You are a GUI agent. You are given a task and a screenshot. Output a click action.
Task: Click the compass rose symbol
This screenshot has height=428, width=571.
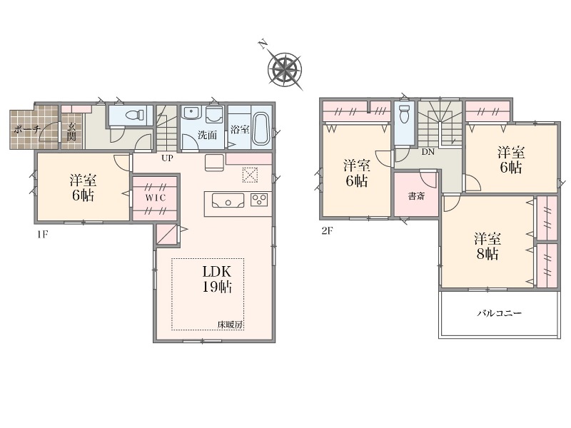tap(285, 69)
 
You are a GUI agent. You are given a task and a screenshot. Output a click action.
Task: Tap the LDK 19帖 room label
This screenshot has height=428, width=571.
tap(217, 279)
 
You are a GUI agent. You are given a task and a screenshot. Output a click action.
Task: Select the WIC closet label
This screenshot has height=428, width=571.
tap(156, 198)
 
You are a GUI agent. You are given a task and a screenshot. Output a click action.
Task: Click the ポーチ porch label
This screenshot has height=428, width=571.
tap(26, 129)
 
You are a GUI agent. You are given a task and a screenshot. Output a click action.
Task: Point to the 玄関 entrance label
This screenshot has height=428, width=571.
tap(71, 133)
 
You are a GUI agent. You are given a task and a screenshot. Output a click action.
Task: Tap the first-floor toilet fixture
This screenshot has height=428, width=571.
tap(134, 115)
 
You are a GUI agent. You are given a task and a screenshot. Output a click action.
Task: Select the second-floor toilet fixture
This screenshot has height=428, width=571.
tap(405, 114)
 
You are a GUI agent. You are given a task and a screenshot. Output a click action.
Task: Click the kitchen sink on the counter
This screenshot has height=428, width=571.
tap(228, 200)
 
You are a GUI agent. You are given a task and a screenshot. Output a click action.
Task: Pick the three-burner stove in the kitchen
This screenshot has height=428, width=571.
tap(259, 200)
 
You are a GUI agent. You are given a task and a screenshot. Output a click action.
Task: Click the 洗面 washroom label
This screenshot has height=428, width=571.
tap(207, 135)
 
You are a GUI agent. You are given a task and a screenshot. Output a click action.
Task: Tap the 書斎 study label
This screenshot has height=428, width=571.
tap(416, 197)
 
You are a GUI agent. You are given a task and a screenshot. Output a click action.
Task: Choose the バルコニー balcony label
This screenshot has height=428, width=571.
tap(500, 313)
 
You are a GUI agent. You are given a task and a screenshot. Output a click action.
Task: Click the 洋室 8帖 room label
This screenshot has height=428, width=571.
tap(487, 246)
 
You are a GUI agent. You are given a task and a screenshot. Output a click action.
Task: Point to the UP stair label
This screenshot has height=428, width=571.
tap(168, 158)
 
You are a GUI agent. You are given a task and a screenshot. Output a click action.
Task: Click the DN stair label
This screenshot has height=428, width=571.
tap(428, 152)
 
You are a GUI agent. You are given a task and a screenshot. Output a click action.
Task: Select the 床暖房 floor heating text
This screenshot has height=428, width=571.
tap(230, 325)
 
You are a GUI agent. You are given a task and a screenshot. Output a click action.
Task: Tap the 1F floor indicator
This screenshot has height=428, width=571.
tap(42, 235)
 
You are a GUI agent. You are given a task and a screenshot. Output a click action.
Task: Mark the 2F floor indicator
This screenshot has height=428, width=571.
tap(328, 230)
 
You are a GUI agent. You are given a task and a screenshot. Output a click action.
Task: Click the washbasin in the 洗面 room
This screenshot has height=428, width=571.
tap(191, 113)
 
